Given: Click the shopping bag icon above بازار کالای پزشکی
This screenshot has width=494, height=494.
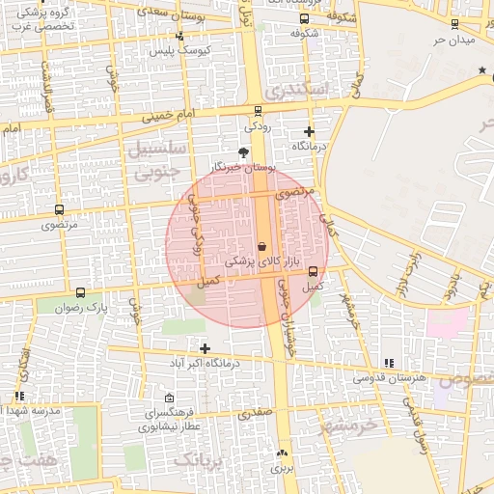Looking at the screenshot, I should click(261, 247).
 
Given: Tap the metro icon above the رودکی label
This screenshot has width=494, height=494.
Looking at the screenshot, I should click(257, 111).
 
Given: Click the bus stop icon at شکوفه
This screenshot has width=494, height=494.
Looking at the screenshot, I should click(305, 18).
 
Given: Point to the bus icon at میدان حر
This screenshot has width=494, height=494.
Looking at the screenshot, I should click(454, 23).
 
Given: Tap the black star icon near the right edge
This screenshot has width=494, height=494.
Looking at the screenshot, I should click(482, 70).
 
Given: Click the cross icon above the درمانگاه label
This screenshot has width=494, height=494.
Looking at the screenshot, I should click(309, 131).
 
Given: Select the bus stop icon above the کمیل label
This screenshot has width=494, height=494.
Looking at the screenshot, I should click(313, 271).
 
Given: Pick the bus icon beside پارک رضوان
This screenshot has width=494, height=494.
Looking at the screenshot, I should click(80, 292).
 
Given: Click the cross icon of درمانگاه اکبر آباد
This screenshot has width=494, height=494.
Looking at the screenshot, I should click(205, 348).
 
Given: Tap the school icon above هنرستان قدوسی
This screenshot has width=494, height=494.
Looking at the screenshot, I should click(389, 363).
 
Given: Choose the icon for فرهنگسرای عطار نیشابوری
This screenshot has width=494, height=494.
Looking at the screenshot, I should click(170, 398).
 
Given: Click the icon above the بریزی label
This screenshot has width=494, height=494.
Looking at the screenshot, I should click(282, 453).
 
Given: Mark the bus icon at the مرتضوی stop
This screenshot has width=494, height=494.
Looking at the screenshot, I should click(59, 209).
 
